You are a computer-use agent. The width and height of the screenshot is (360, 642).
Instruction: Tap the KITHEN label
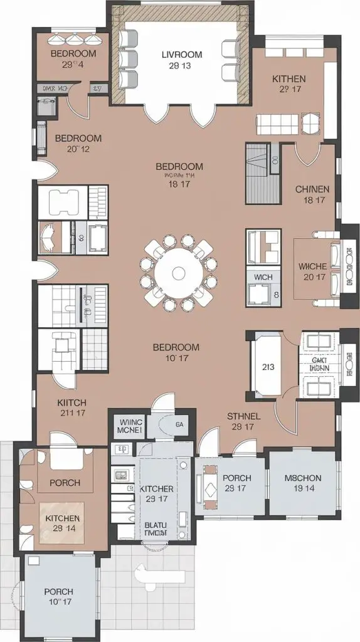(x=289, y=79)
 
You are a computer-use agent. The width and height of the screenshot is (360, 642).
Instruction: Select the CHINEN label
(x=312, y=189)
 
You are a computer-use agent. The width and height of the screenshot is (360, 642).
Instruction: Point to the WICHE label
(x=314, y=266)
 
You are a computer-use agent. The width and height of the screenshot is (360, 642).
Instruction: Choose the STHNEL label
(x=243, y=416)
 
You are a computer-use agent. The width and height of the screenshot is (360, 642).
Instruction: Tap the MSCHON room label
(x=303, y=478)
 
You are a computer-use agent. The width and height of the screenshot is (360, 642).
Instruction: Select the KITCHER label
(x=156, y=488)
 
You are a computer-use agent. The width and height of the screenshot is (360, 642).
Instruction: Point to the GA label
(x=179, y=425)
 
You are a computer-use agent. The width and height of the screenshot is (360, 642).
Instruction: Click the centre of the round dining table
(x=179, y=273)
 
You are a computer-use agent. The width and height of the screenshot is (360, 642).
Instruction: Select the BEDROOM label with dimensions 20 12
(x=78, y=138)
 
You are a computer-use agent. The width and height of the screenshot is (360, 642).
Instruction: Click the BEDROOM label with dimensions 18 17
(x=179, y=166)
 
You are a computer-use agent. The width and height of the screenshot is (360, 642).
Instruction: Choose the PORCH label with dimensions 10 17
(x=58, y=591)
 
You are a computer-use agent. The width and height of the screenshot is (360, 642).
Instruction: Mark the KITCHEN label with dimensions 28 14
(x=63, y=518)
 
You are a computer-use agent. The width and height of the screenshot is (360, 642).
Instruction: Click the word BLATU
(x=156, y=525)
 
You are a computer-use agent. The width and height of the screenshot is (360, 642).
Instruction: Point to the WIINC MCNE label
(x=131, y=427)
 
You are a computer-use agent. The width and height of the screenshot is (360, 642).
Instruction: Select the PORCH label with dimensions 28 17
(x=237, y=478)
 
